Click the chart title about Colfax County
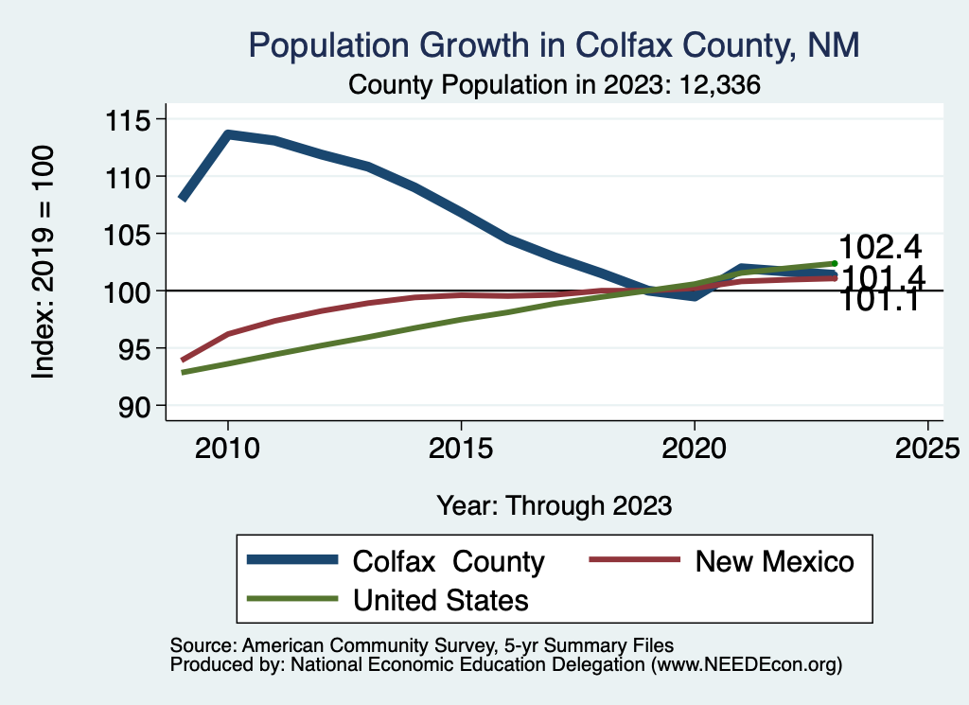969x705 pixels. click(x=554, y=45)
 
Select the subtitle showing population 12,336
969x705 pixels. click(x=555, y=84)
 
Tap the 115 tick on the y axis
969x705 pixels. click(x=133, y=120)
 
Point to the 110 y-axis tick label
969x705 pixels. click(x=133, y=177)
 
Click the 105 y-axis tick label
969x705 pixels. click(x=133, y=234)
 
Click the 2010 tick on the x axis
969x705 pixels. click(x=227, y=447)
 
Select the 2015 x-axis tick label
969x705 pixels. click(x=461, y=447)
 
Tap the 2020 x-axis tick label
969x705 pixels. click(x=695, y=447)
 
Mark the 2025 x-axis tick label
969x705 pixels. click(x=927, y=447)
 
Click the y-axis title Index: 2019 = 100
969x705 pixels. click(x=44, y=262)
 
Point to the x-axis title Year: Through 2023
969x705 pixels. click(x=554, y=505)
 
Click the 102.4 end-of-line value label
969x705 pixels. click(x=880, y=247)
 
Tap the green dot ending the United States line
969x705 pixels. click(x=835, y=263)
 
